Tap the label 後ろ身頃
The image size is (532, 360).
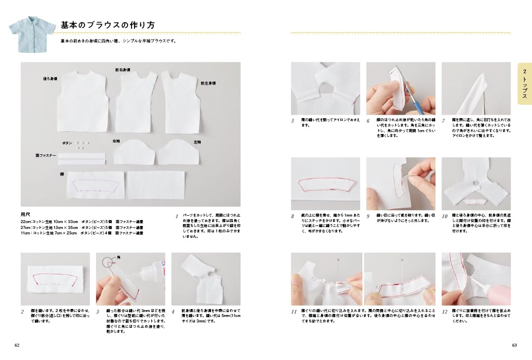50,79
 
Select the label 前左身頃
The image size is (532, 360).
208,84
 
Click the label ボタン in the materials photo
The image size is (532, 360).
67,142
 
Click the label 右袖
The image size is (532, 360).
116,141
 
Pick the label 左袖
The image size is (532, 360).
197,142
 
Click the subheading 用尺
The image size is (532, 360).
26,215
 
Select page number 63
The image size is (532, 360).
514,345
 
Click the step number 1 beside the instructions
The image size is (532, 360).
177,217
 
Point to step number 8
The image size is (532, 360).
293,217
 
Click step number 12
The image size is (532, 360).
444,312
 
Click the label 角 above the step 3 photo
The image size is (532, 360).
118,258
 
